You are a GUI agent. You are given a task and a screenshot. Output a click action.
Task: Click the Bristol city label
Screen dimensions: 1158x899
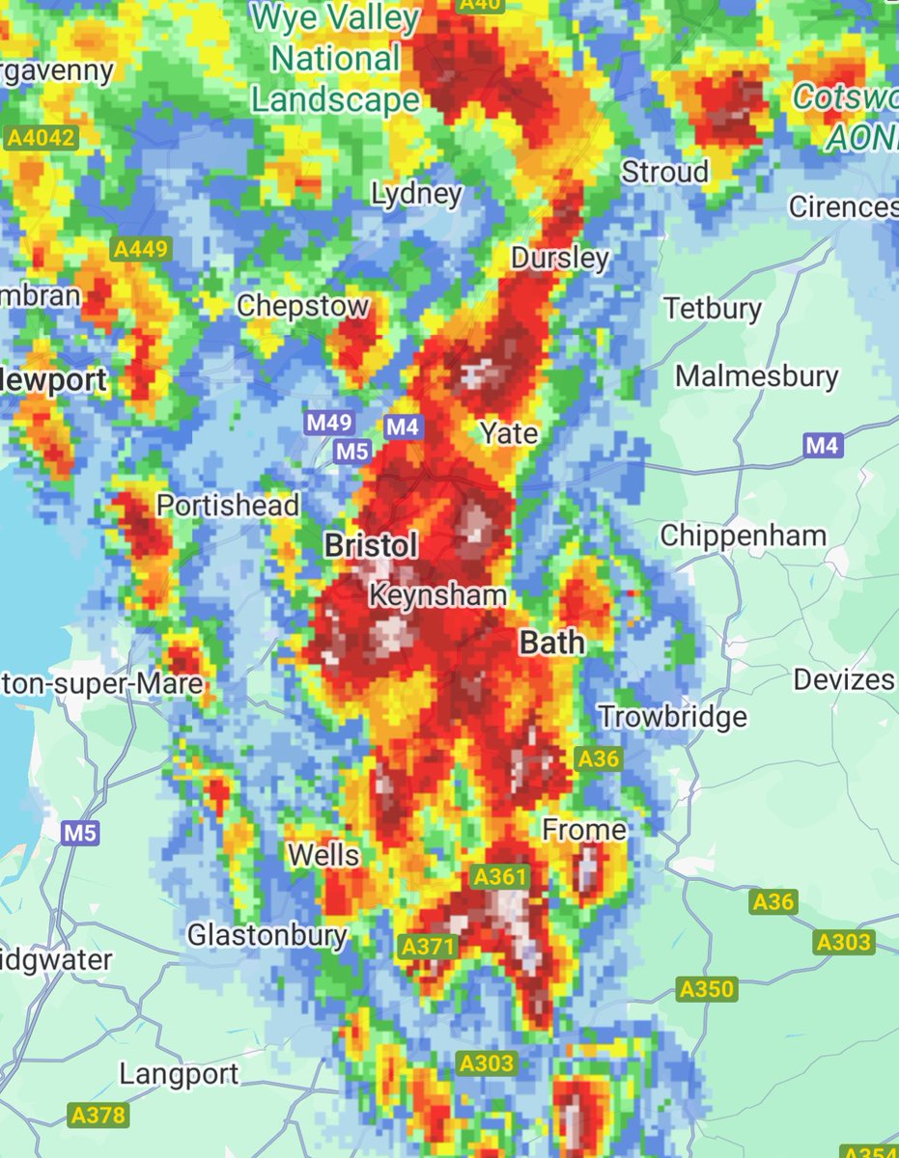[371, 546]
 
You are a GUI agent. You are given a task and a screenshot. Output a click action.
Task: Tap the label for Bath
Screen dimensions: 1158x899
[551, 643]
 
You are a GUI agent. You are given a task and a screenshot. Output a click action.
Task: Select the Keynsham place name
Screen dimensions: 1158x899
[437, 595]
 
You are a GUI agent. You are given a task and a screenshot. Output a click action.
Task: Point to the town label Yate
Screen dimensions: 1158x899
[509, 433]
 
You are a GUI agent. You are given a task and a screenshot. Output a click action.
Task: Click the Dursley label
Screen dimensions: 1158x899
[560, 259]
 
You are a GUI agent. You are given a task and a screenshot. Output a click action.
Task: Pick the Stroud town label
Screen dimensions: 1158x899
[664, 173]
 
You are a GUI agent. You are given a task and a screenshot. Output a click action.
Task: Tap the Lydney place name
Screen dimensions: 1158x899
[417, 194]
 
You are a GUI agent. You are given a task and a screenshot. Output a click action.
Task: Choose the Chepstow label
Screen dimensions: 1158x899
[303, 307]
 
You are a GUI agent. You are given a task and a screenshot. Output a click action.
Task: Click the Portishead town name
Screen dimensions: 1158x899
[228, 505]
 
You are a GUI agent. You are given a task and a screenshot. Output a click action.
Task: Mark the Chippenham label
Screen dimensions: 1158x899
[743, 536]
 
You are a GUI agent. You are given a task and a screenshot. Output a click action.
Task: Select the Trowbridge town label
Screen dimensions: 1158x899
[673, 717]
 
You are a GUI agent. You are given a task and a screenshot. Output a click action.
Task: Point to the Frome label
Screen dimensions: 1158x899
[584, 829]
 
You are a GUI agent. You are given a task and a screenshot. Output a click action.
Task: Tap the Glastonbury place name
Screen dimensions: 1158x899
[267, 935]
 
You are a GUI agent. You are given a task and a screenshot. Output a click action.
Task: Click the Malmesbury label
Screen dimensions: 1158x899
[757, 376]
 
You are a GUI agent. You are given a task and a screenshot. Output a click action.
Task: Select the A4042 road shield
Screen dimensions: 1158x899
[41, 139]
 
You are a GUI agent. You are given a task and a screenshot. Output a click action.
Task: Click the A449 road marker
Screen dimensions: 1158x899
[141, 250]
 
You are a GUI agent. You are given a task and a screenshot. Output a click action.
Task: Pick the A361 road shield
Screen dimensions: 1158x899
[500, 877]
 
